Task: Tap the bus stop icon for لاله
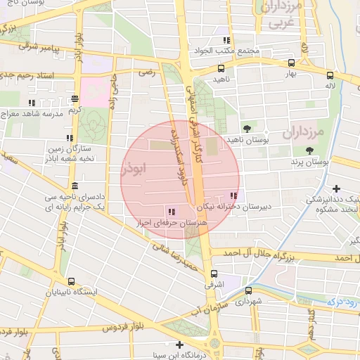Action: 330,73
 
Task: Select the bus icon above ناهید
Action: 221,69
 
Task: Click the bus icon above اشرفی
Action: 214,274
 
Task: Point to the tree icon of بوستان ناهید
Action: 247,128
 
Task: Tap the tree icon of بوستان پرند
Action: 309,150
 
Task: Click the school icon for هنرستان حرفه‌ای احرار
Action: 172,211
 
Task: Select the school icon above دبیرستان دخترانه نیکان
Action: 233,195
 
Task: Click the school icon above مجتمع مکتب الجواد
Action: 226,40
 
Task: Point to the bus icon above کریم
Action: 75,99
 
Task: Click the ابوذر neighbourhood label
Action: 135,169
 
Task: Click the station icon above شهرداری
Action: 248,289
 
